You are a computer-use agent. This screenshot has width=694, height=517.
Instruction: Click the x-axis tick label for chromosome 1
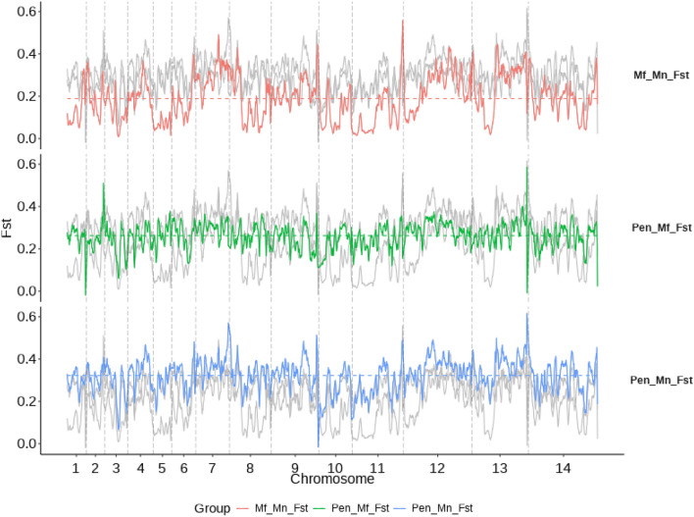[75, 470]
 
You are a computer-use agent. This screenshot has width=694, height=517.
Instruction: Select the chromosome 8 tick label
[250, 470]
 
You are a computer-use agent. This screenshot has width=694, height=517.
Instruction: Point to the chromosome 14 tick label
[563, 470]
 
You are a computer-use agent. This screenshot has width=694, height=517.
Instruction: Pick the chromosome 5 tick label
[162, 470]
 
